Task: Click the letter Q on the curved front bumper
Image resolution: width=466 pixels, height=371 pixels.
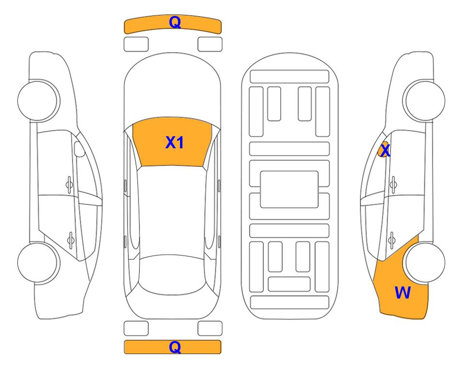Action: coord(175,22)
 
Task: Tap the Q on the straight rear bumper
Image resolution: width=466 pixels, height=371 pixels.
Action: coord(175,347)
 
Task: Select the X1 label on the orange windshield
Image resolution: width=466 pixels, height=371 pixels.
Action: coord(175,143)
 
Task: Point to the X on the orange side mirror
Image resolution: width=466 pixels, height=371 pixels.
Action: coord(385,151)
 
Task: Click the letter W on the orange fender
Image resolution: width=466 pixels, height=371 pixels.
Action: coord(403,293)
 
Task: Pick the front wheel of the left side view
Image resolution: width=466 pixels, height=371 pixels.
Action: coord(38,100)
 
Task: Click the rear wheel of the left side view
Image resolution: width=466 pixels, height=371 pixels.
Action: coord(38,263)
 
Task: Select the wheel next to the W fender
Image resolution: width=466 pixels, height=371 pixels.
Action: coord(425,263)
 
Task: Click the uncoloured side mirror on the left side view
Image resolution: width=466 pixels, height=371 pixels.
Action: coord(79,149)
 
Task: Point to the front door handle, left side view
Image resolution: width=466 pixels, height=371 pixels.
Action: coord(69,185)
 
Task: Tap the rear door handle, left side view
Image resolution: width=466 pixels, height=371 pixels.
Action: coord(71,240)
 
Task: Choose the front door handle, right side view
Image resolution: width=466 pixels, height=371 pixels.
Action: coord(393,185)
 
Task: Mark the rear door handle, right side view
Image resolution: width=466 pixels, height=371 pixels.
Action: coord(391,240)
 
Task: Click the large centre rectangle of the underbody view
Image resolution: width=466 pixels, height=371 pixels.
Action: coord(289,189)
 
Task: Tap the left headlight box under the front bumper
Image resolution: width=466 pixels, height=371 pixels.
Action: coord(136,44)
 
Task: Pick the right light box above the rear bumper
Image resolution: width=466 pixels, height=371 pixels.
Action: coord(210,328)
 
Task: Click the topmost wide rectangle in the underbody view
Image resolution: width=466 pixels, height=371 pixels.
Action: coord(289,77)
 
